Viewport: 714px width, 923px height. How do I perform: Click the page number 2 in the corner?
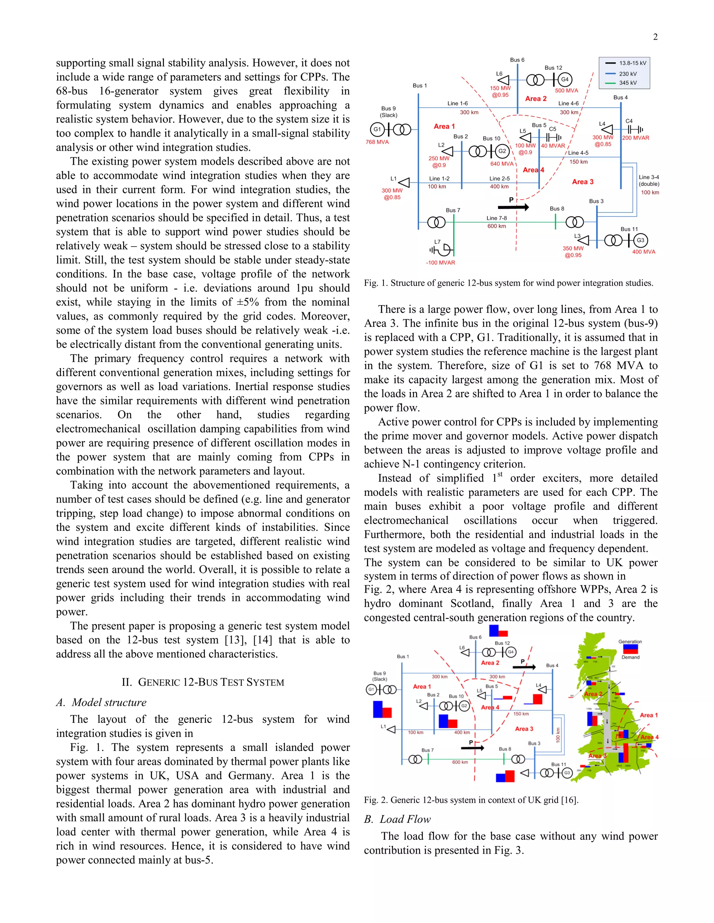(x=655, y=37)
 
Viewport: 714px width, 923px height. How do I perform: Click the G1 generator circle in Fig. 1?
(x=377, y=129)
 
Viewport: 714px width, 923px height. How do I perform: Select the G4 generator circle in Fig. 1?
(x=565, y=79)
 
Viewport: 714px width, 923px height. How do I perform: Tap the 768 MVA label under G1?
(x=377, y=142)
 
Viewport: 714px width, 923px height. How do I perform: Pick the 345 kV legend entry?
(x=628, y=83)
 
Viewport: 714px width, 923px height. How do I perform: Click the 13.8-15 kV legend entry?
(x=632, y=63)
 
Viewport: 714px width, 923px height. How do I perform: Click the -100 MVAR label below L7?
(x=440, y=263)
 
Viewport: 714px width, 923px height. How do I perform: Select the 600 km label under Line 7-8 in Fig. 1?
(x=496, y=226)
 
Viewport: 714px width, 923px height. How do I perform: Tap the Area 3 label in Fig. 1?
(x=583, y=182)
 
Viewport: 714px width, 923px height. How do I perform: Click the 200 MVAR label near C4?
(x=635, y=138)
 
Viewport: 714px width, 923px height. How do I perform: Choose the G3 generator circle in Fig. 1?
(x=640, y=240)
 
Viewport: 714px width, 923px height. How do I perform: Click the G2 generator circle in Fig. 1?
(x=502, y=151)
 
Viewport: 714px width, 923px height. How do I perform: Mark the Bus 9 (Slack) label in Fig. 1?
(x=388, y=111)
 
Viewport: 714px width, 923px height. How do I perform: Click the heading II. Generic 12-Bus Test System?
(x=203, y=682)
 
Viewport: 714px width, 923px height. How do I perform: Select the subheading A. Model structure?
(x=101, y=703)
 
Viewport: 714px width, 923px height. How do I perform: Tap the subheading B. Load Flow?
(x=397, y=819)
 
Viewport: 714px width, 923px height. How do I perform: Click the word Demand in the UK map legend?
(x=630, y=657)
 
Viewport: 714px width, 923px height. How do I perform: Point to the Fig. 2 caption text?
(x=471, y=800)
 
